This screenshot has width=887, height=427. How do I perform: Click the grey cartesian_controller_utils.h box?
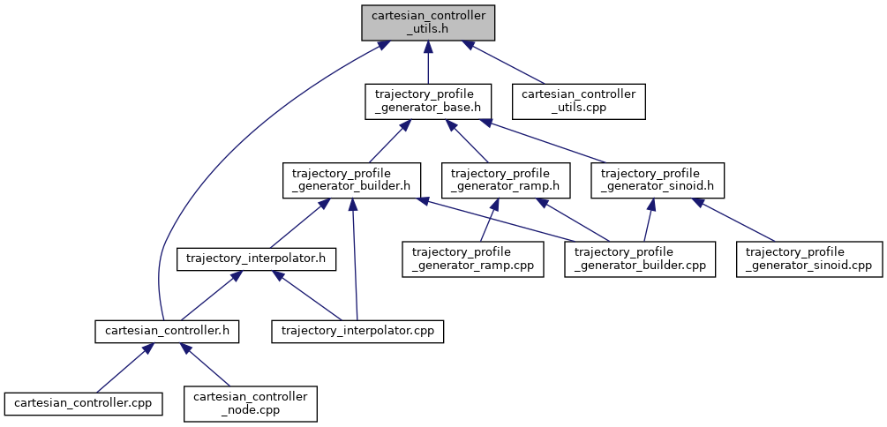[x=428, y=22]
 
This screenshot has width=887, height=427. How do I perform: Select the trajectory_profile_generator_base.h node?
[x=428, y=101]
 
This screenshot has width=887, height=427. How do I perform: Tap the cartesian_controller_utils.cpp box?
[x=579, y=101]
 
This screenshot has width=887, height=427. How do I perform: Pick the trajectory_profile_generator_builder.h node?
[x=350, y=180]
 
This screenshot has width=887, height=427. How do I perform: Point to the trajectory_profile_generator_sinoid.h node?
[x=662, y=180]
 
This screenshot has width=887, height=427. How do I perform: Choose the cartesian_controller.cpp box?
[x=79, y=403]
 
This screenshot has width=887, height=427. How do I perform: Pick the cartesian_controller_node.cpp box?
[x=250, y=403]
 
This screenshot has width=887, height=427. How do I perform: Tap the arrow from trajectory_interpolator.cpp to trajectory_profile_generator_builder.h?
[x=354, y=265]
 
